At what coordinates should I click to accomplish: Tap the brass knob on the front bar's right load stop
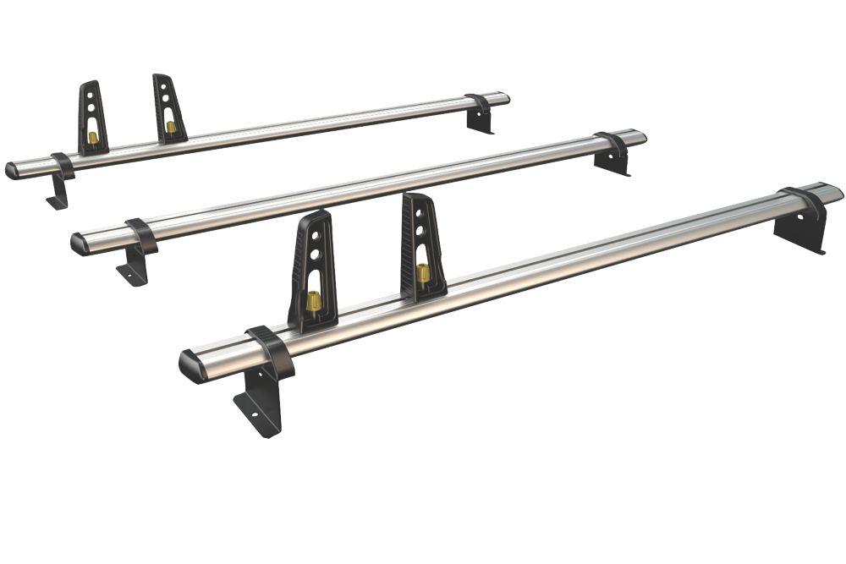tap(421, 273)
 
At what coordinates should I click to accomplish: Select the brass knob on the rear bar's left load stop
tap(93, 137)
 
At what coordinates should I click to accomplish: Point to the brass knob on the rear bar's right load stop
tap(172, 127)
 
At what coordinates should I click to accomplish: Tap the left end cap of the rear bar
tap(12, 170)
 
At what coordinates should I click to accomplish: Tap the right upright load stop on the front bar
tap(420, 241)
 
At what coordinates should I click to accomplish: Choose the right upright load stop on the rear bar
tap(169, 106)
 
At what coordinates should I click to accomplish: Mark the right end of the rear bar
tap(505, 97)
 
